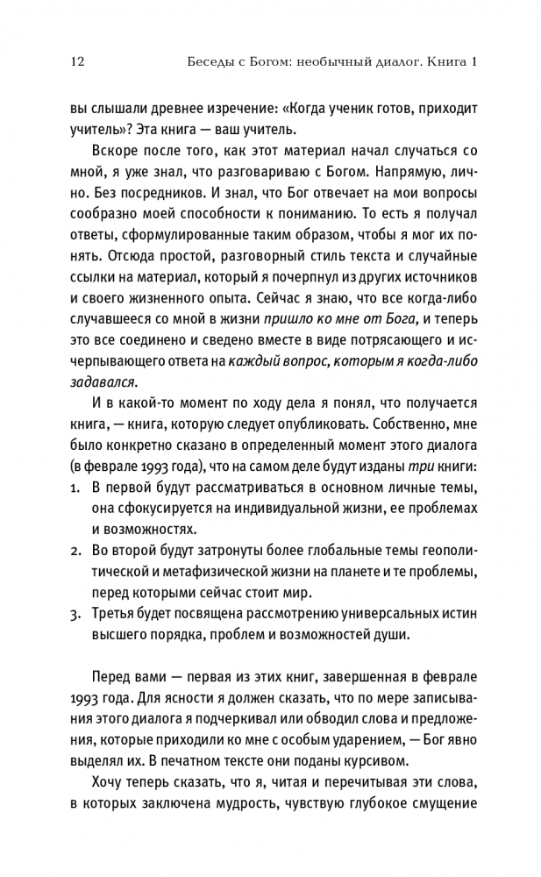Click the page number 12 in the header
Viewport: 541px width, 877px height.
(x=75, y=62)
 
